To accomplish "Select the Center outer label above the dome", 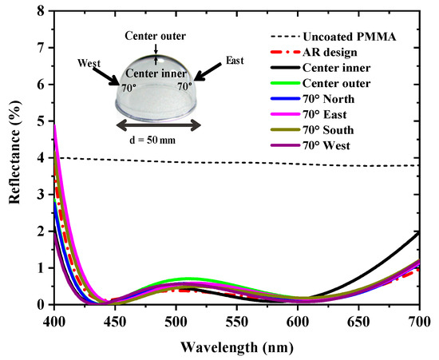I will (156, 36).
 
